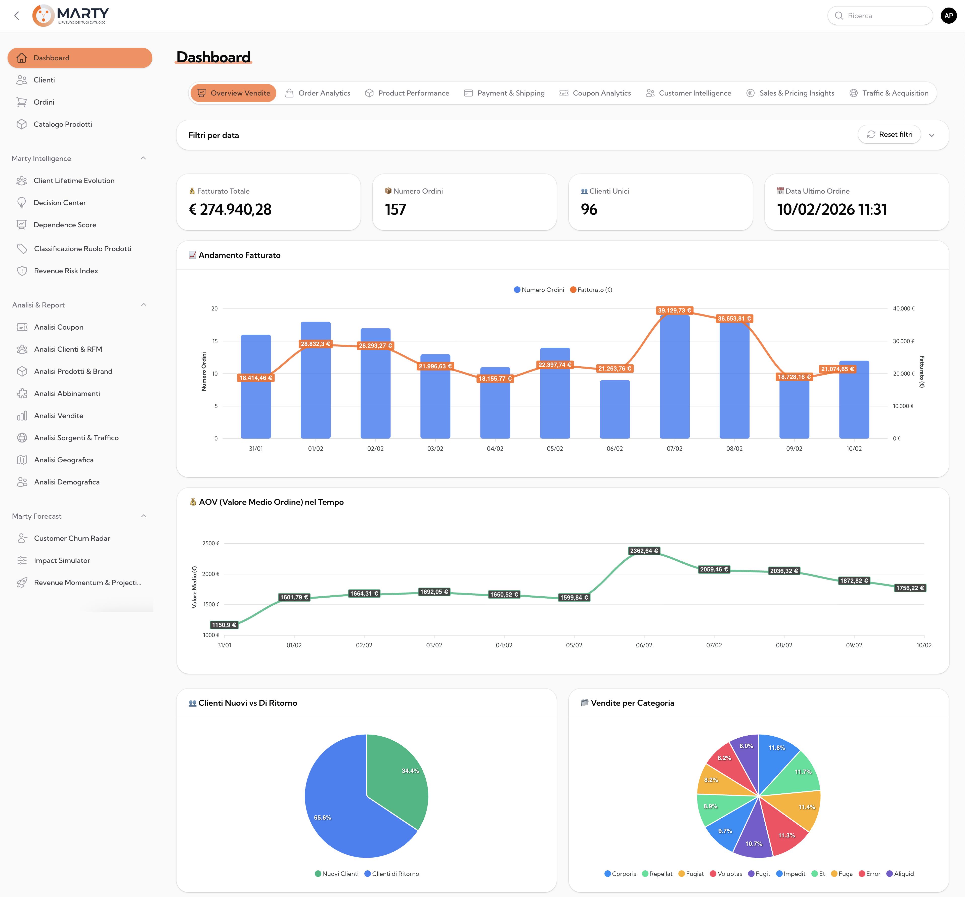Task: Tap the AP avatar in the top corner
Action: tap(948, 16)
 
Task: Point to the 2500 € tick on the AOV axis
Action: tap(211, 544)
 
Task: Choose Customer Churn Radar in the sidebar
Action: tap(72, 538)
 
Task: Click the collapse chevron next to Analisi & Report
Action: tap(144, 305)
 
